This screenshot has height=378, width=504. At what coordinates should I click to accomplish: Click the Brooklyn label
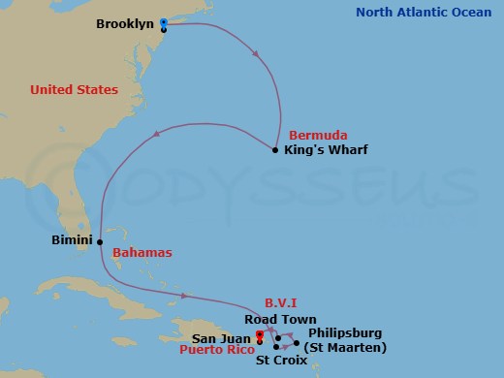[x=126, y=22]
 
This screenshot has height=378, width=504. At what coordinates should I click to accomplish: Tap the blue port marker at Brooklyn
[x=163, y=22]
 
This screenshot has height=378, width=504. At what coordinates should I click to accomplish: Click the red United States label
[x=74, y=90]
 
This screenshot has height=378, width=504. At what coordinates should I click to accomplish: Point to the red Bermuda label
[x=318, y=135]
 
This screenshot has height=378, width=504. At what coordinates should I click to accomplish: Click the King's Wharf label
[x=326, y=150]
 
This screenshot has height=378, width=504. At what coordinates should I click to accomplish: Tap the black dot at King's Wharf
[x=276, y=149]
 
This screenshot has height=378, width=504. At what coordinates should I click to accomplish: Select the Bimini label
[x=73, y=238]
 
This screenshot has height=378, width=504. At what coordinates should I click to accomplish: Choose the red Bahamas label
[x=142, y=253]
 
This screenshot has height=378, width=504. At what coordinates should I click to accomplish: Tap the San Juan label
[x=221, y=337]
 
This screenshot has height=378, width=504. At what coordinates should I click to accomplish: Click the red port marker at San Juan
[x=258, y=337]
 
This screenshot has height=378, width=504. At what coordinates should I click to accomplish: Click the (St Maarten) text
[x=345, y=347]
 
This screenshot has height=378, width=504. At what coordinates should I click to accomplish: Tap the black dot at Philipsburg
[x=297, y=342]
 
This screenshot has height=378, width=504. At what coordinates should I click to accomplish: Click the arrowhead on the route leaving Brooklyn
[x=255, y=57]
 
